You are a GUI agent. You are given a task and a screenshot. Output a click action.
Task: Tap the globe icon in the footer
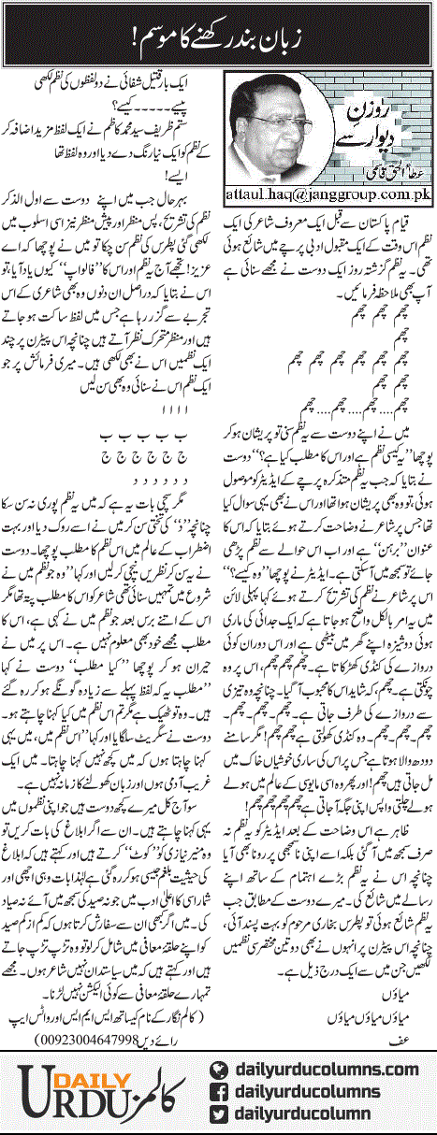click(x=221, y=1067)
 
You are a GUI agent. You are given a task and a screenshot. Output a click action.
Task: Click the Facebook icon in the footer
click(x=221, y=1091)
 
